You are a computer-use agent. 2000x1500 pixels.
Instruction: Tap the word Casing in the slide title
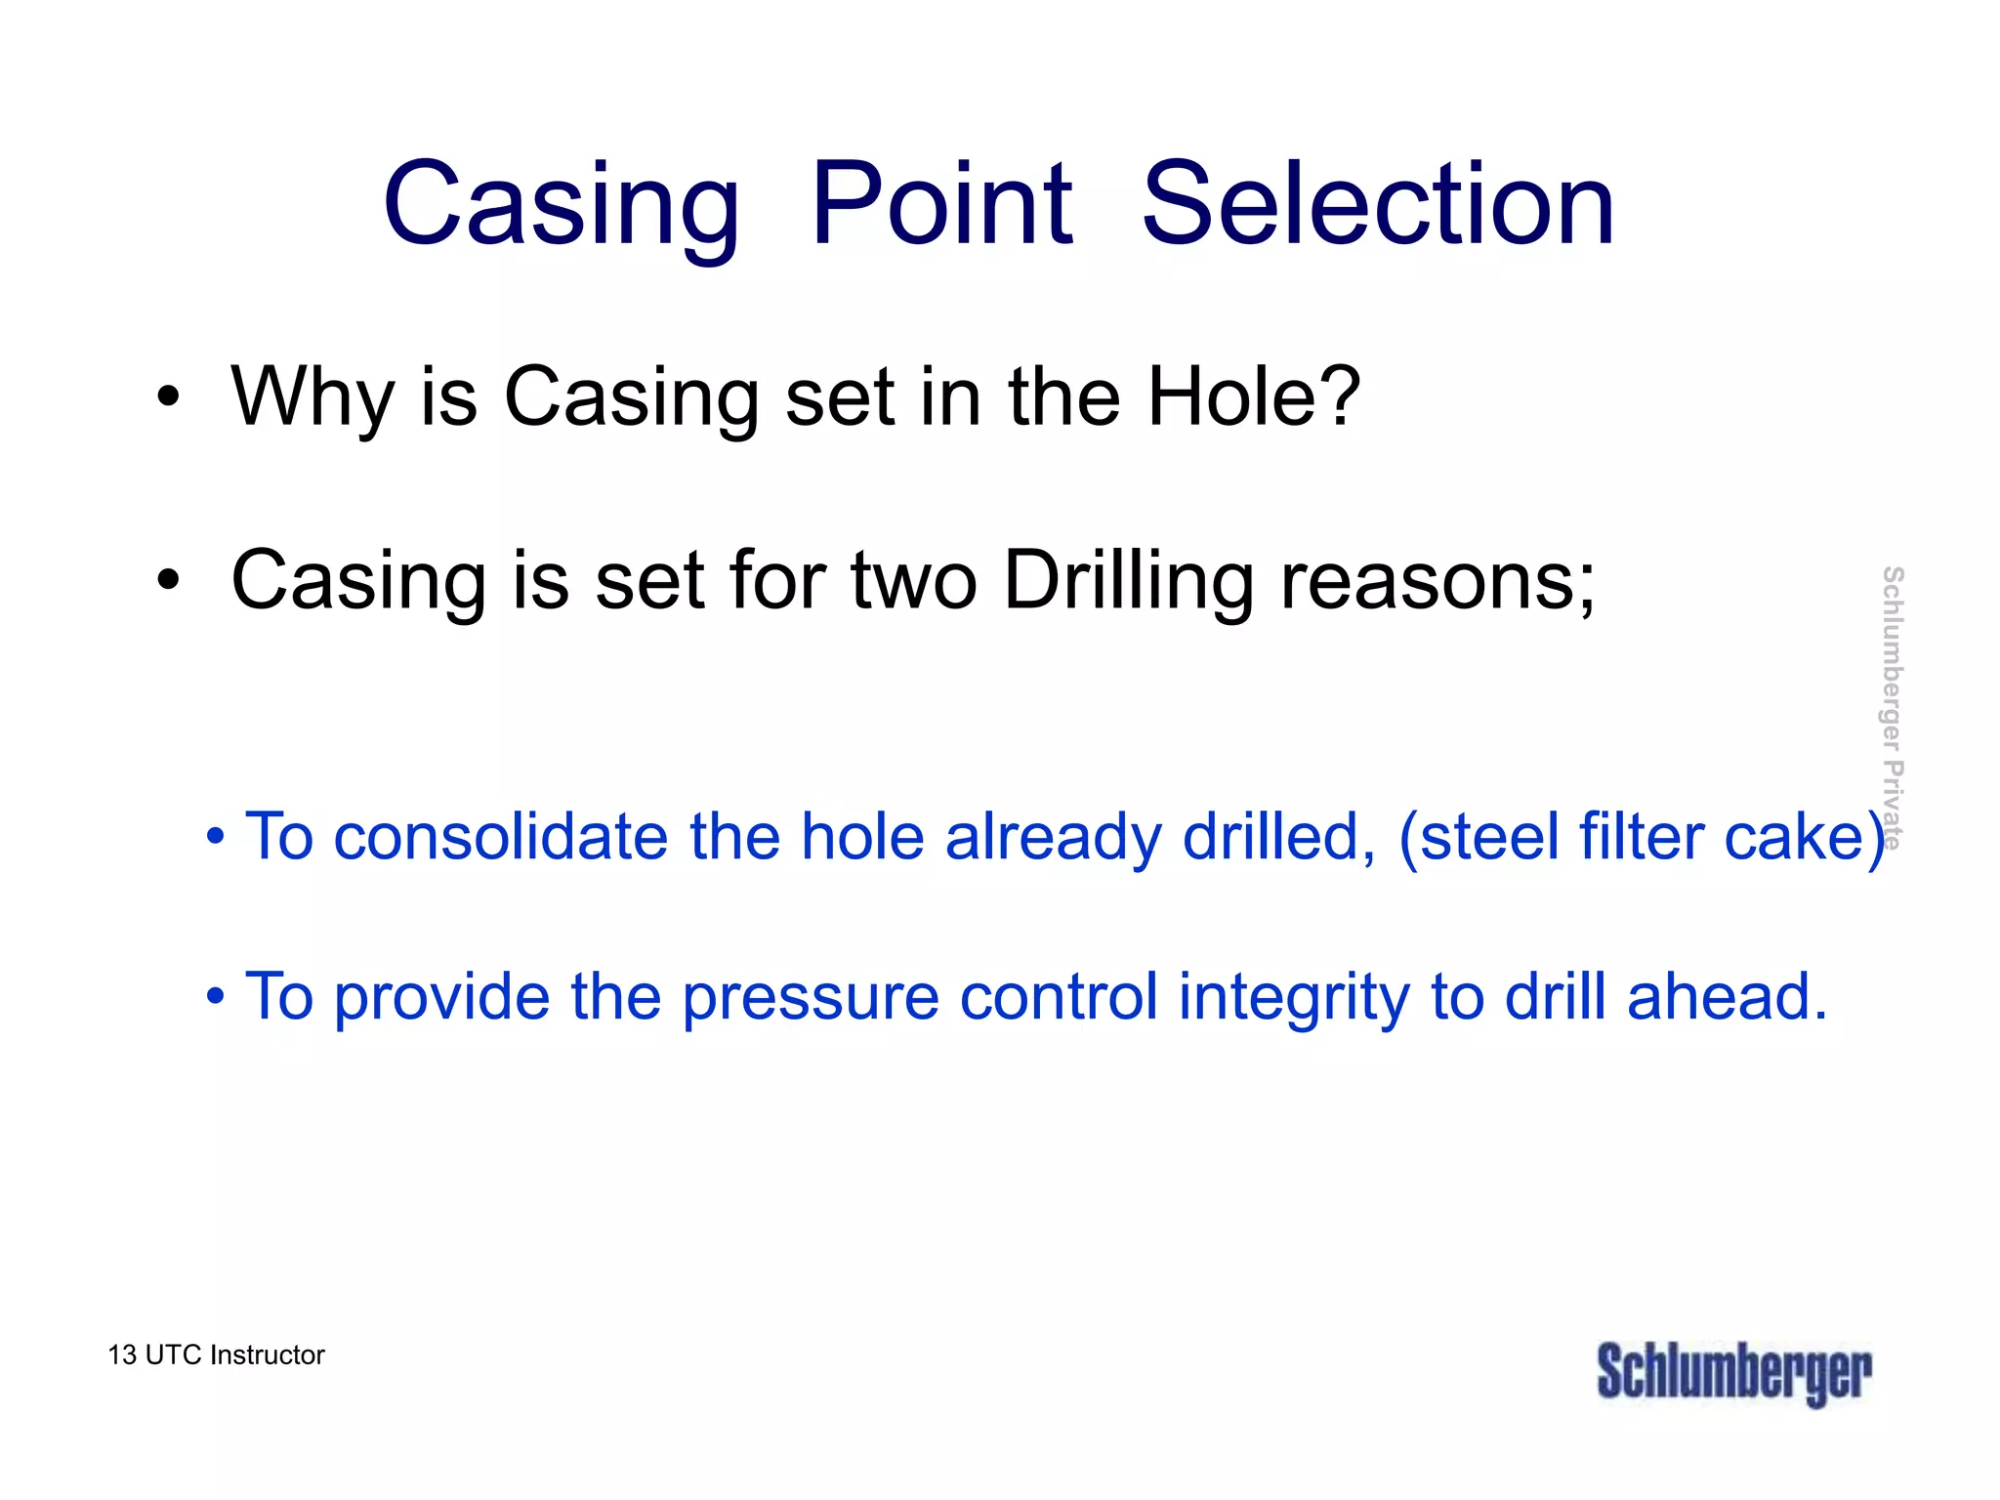(x=562, y=207)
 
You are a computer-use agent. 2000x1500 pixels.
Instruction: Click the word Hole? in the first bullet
(x=1253, y=396)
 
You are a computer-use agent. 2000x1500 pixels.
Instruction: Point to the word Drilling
(x=1128, y=581)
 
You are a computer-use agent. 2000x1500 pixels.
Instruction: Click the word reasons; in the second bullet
(x=1437, y=581)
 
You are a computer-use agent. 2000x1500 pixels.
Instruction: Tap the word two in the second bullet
(x=914, y=581)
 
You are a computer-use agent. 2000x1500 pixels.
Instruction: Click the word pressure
(x=810, y=998)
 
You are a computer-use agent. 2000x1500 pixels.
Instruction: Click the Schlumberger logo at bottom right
(x=1733, y=1373)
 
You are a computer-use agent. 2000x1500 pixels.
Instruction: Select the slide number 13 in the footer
(x=121, y=1355)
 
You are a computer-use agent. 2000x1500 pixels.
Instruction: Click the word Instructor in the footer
(x=267, y=1355)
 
